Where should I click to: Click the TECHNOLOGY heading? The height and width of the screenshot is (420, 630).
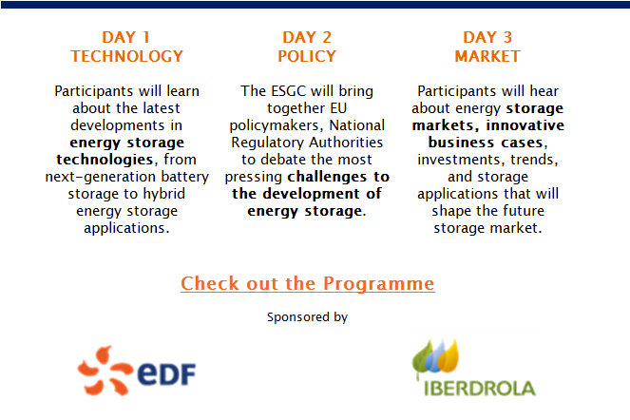[x=127, y=56]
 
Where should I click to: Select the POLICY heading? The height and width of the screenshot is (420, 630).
[x=307, y=56]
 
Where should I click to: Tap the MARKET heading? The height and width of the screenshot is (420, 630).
[x=487, y=56]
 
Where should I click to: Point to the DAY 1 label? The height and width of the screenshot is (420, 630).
[x=126, y=37]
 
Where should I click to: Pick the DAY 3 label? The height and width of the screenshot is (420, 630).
[x=487, y=37]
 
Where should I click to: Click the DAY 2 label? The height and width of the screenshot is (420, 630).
[x=307, y=37]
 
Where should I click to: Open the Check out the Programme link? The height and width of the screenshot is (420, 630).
[x=307, y=283]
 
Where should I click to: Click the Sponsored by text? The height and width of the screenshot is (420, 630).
[x=307, y=317]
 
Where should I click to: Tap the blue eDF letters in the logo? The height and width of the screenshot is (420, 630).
[x=166, y=373]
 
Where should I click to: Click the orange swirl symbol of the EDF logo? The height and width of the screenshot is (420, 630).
[x=105, y=371]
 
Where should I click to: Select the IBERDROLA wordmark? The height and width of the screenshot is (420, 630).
[x=480, y=389]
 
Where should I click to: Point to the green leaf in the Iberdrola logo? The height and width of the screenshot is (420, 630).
[x=422, y=357]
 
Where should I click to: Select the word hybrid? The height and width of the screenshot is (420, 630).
[x=164, y=194]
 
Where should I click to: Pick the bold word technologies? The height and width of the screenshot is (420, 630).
[x=105, y=160]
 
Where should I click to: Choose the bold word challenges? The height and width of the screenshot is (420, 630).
[x=328, y=177]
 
